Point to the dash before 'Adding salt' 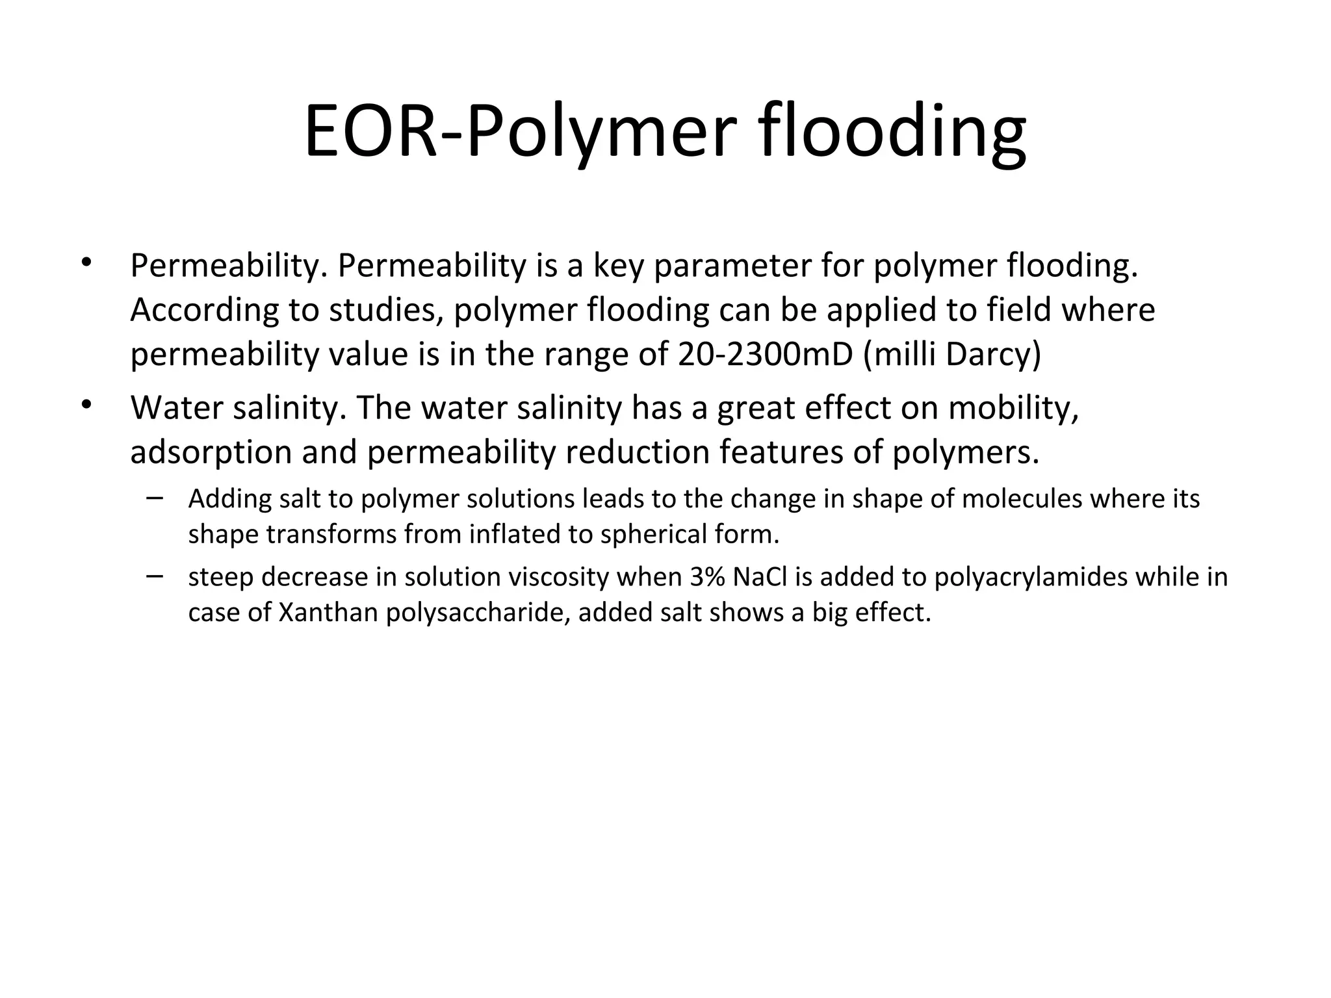point(155,499)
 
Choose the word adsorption point(211,452)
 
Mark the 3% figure point(708,577)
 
